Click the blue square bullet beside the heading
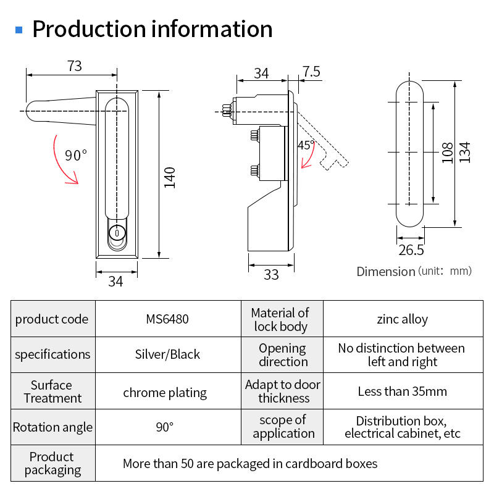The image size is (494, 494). point(19,30)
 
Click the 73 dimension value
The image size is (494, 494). point(75,66)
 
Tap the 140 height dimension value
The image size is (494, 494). point(169,178)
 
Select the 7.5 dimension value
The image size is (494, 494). point(311,72)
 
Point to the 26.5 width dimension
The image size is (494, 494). point(411,250)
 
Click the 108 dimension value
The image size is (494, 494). point(447,153)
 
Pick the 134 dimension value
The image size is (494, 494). point(465,153)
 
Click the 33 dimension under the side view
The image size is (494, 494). point(271,275)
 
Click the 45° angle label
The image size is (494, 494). point(306,145)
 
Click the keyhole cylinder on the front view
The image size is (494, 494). point(117,233)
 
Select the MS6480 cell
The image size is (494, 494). point(168,319)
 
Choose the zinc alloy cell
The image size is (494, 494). point(403,319)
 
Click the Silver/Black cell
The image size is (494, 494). point(168,354)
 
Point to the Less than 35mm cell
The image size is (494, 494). point(403,391)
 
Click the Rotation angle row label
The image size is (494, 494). point(53,427)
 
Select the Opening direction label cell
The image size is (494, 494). point(282,354)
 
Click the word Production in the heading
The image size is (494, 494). point(89,29)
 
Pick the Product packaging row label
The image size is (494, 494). point(53,463)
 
